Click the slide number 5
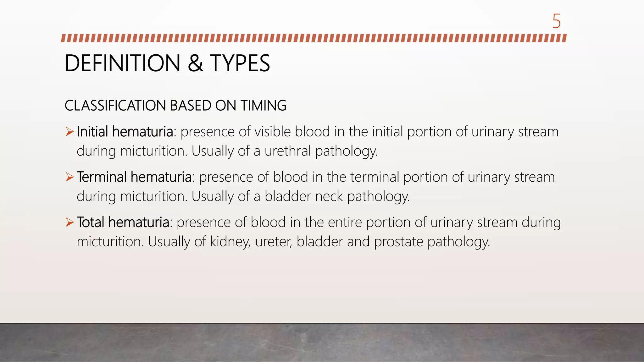(x=556, y=21)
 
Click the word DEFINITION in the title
(x=122, y=63)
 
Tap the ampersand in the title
(x=195, y=63)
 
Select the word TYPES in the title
(x=240, y=63)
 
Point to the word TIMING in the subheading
(x=264, y=106)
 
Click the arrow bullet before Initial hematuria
(x=69, y=132)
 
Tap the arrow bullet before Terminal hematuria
(x=69, y=177)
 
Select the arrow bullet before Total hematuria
(x=69, y=222)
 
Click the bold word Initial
(x=92, y=132)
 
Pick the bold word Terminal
(x=102, y=177)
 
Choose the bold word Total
(x=90, y=222)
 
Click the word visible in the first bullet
(x=272, y=132)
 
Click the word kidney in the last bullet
(x=230, y=242)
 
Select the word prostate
(x=398, y=242)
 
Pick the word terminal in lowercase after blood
(x=375, y=177)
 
